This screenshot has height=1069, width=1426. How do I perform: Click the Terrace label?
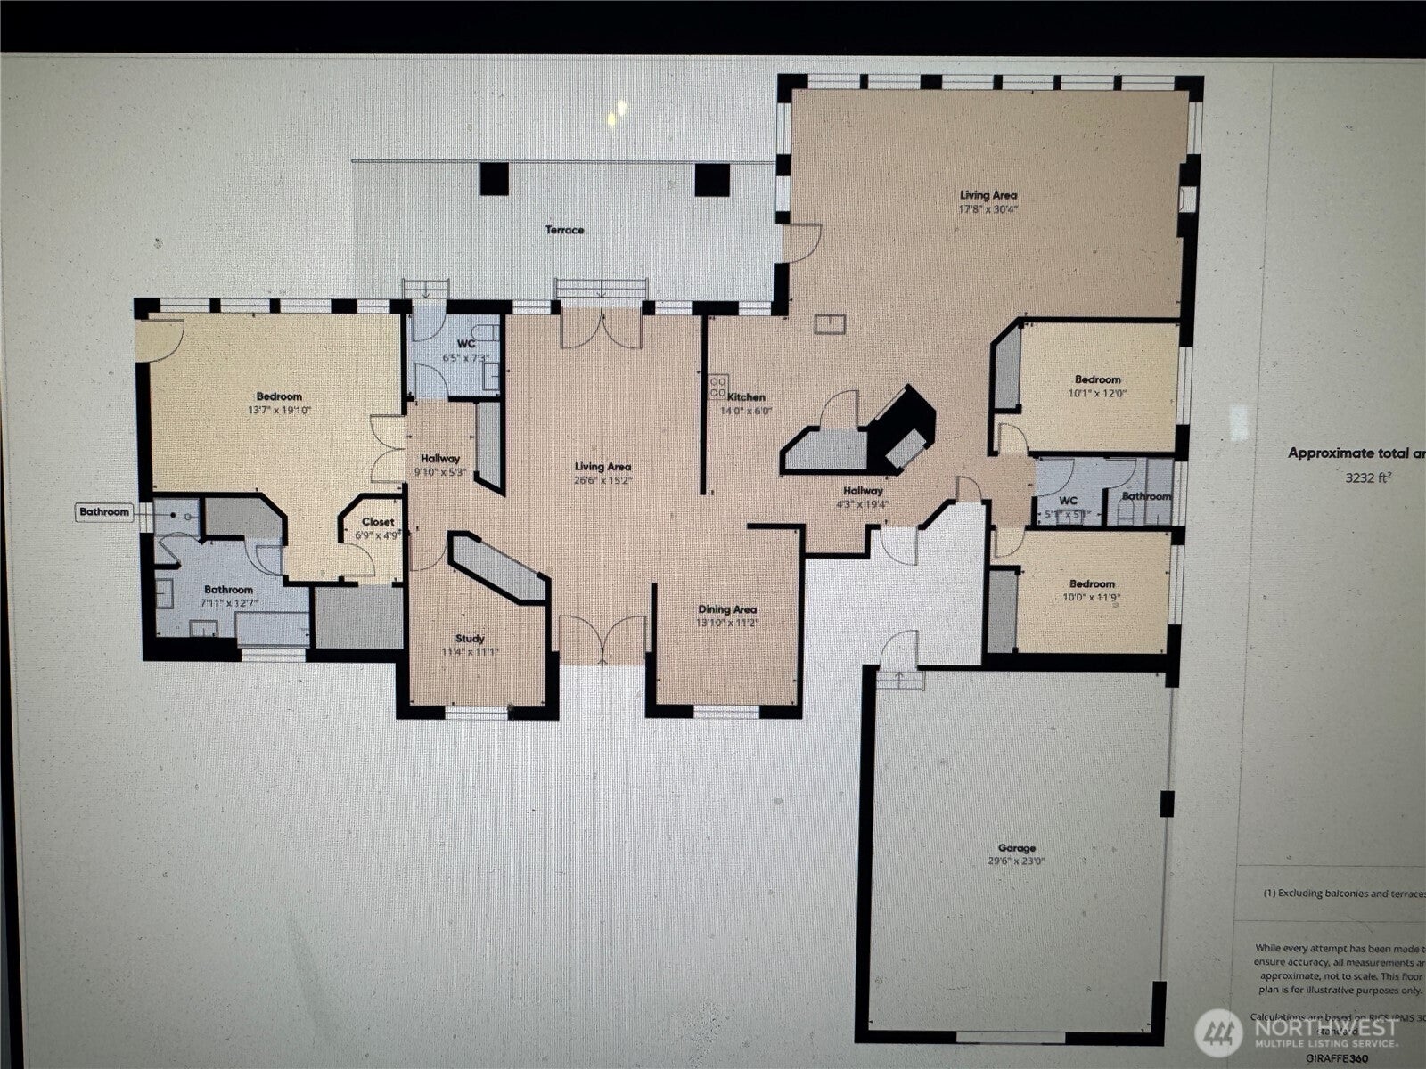coord(565,230)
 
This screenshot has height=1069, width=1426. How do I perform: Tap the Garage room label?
coord(1016,848)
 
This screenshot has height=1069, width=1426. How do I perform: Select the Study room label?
coord(470,638)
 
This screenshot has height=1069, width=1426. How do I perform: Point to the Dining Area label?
coord(727,609)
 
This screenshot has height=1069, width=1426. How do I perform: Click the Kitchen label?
coord(747,397)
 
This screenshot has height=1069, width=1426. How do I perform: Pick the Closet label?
coord(378,523)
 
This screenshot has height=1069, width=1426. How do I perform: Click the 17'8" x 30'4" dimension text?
coord(988,209)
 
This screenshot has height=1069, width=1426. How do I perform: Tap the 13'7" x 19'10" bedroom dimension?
coord(279,411)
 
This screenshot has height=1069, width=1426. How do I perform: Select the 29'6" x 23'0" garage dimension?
coord(1016,861)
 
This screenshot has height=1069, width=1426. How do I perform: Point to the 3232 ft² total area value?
coord(1368,477)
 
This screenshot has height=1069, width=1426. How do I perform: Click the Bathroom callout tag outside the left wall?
coord(104,511)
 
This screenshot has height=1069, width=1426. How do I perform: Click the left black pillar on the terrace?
coord(494,179)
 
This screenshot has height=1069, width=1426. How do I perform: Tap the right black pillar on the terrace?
coord(712,180)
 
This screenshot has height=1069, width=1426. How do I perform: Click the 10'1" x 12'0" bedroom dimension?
coord(1097,393)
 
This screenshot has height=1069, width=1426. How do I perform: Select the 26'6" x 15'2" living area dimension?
coord(602,480)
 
